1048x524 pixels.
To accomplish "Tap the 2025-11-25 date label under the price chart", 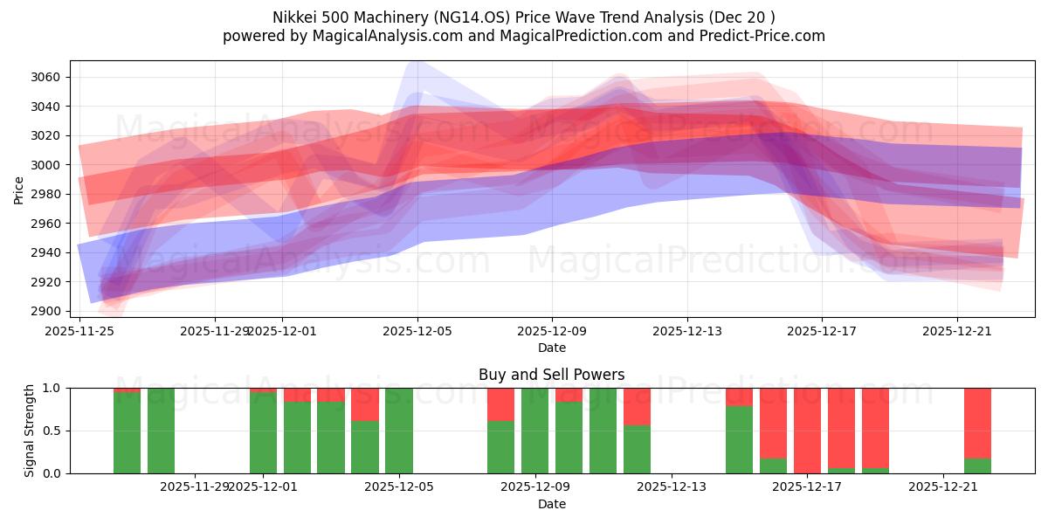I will (x=80, y=331).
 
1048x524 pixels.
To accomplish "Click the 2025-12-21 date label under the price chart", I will (x=957, y=331).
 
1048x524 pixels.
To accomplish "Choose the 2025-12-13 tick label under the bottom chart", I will (x=672, y=486).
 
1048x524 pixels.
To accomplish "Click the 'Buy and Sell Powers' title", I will (x=551, y=375).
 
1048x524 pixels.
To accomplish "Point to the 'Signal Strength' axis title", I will (x=30, y=431).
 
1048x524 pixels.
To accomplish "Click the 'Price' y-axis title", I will (x=18, y=190).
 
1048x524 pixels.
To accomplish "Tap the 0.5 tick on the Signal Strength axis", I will (x=53, y=431).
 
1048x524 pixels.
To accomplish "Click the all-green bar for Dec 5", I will (x=399, y=431).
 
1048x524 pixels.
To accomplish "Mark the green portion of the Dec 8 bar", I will (x=500, y=447).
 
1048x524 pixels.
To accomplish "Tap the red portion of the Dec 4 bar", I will (x=365, y=404).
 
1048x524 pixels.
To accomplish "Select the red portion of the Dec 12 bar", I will (x=637, y=406).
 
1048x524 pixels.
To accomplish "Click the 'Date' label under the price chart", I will (x=551, y=348).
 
